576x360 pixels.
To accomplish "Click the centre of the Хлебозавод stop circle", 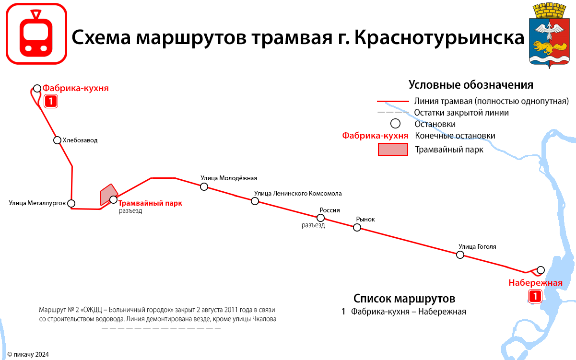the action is pos(57,140).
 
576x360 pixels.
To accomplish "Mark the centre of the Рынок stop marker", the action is pos(357,227).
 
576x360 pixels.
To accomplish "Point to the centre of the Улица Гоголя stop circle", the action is pos(460,255).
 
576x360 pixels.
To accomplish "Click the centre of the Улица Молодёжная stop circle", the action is pos(204,187).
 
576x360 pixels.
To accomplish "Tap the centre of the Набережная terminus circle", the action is pos(541,270).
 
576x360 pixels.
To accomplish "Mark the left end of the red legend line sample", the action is pos(377,102).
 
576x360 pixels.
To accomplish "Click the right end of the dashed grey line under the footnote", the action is pos(221,328).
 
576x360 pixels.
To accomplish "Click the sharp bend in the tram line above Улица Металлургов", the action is pos(72,166).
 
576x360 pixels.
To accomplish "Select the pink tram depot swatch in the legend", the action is pos(393,149).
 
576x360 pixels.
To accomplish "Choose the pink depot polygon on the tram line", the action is pos(108,195).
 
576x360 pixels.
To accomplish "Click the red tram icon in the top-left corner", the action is pos(36,34).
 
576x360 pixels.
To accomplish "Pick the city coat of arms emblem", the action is pos(549,35).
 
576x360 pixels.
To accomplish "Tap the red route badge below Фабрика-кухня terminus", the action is pos(51,101).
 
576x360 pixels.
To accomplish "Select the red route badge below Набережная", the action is pos(535,296).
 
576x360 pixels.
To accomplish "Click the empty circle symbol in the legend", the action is pos(395,124).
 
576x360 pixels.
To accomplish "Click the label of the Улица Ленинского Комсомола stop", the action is pos(298,193).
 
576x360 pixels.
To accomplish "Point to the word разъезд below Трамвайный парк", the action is pos(130,211).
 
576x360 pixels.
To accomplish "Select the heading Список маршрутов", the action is pos(404,299).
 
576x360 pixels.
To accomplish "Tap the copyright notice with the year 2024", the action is pos(28,354).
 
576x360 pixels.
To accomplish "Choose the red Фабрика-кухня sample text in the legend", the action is pos(375,135).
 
